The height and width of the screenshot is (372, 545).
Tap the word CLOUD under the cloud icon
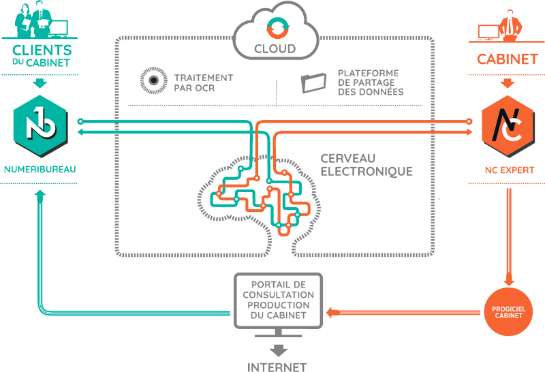tap(275, 48)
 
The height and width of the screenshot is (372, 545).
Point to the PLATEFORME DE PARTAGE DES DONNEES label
tap(369, 80)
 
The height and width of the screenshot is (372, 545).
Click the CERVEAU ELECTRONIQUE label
tap(366, 164)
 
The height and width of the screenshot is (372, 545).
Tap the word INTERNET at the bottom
tap(278, 367)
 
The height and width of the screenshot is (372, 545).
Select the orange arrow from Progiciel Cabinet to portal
tap(402, 313)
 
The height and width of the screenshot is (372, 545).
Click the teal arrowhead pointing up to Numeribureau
tap(40, 194)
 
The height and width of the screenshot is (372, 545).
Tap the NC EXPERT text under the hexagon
tap(505, 167)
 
